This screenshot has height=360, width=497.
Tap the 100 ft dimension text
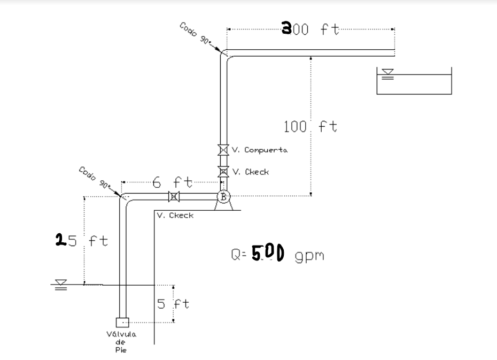310,127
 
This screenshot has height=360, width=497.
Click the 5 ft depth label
173,304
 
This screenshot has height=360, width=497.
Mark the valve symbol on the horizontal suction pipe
173,197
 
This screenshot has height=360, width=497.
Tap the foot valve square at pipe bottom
122,323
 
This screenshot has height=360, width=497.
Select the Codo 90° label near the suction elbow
95,178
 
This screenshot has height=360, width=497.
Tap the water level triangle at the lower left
61,285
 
